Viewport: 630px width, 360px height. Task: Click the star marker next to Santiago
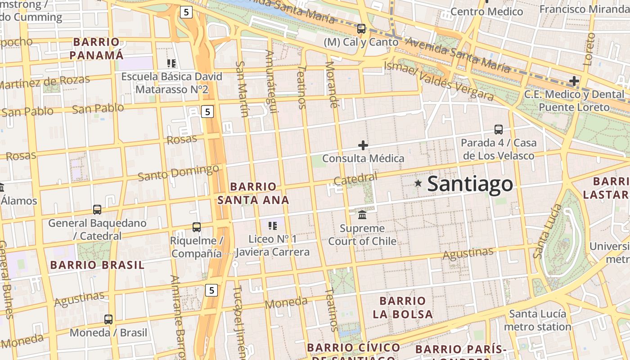(418, 183)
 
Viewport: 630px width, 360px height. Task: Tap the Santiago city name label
(470, 184)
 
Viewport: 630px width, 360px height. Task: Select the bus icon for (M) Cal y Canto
(361, 29)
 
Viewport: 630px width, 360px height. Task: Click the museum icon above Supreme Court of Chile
(362, 214)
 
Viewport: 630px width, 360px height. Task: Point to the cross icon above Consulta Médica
(363, 145)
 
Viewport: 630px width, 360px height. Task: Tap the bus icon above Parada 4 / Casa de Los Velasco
(499, 130)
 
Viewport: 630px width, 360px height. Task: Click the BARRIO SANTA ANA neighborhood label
(253, 193)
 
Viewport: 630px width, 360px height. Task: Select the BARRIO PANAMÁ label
(97, 49)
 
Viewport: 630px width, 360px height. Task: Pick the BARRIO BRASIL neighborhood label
(97, 265)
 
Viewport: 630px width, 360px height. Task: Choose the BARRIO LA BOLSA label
(403, 307)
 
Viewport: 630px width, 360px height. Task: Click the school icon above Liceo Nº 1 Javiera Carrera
(272, 225)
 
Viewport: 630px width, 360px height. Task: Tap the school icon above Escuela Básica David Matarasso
(171, 63)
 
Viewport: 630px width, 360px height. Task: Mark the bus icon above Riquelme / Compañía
(197, 227)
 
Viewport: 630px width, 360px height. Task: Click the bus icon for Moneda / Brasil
(108, 319)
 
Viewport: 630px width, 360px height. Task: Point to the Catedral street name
(355, 179)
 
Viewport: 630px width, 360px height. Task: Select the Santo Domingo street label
(178, 173)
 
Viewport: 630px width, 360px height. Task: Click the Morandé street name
(331, 84)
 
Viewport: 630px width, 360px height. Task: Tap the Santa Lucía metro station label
(537, 320)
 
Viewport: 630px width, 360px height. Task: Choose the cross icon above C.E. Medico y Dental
(574, 81)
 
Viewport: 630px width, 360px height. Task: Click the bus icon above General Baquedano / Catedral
(97, 210)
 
